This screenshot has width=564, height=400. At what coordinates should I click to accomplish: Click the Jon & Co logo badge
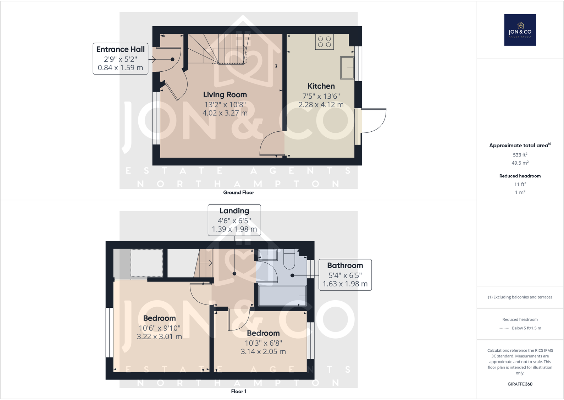coord(520,30)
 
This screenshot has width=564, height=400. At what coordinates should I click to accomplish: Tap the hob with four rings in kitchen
coord(324,42)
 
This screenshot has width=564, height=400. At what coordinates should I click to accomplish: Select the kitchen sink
coord(347,68)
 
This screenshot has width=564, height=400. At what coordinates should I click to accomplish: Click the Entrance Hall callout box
coord(120,59)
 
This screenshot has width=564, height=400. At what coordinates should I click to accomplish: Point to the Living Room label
coord(225,95)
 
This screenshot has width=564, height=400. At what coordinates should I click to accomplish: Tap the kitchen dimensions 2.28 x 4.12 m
coord(321,105)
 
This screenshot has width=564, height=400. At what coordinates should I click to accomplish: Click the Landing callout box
coord(234,220)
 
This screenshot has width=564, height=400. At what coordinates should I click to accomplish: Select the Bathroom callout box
coord(345,275)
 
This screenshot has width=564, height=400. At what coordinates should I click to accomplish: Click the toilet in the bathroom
coord(289,261)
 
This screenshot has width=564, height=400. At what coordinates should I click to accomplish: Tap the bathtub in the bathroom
coord(282,296)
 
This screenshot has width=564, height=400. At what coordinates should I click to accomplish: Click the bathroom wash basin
coord(268,254)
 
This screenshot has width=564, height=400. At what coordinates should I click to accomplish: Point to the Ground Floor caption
coord(238,192)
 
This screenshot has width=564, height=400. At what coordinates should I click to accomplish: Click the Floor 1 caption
coord(238,391)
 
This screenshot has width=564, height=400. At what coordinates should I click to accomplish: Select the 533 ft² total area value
coord(520,155)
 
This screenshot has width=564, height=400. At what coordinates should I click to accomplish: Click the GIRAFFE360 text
coord(520,384)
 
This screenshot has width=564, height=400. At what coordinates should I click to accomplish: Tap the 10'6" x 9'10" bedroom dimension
coord(159,328)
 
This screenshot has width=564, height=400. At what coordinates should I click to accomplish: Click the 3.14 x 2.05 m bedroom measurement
coord(263,352)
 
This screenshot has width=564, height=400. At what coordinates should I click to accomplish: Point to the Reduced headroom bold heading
coord(520,176)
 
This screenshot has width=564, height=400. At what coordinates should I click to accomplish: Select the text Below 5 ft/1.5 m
coord(526,328)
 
